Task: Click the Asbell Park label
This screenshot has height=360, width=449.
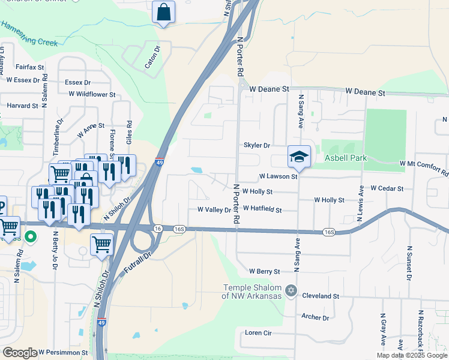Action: pos(345,158)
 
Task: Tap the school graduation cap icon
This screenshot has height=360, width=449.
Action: pos(299,157)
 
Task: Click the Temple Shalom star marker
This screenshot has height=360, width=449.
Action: pos(291,290)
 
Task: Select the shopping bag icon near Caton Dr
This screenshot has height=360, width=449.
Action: pos(163,11)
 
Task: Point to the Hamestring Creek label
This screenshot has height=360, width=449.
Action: pos(29,34)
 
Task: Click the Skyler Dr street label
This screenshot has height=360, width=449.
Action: pos(257,145)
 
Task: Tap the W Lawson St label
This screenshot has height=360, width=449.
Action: pos(278,177)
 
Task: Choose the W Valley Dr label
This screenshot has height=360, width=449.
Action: pos(214,210)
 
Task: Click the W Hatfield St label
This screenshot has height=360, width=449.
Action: pos(262,210)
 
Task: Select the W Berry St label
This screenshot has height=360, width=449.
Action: pos(264,271)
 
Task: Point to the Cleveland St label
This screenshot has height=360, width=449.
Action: pos(321,296)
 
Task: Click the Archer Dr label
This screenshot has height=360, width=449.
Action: pos(316,317)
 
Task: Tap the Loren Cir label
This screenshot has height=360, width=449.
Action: pos(259,332)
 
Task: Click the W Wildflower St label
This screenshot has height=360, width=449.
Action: pos(92,94)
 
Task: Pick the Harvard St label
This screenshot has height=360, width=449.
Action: pos(22,106)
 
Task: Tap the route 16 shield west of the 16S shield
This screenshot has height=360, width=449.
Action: pos(158,229)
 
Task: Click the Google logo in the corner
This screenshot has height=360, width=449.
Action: pos(20,352)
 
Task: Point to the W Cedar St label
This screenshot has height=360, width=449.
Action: pos(387,188)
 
